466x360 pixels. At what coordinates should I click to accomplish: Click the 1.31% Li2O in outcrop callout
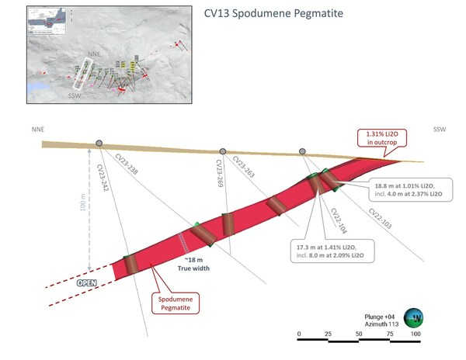(378, 138)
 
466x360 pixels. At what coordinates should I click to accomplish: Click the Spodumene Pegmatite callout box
(176, 302)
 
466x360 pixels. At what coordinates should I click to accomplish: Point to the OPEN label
(85, 283)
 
